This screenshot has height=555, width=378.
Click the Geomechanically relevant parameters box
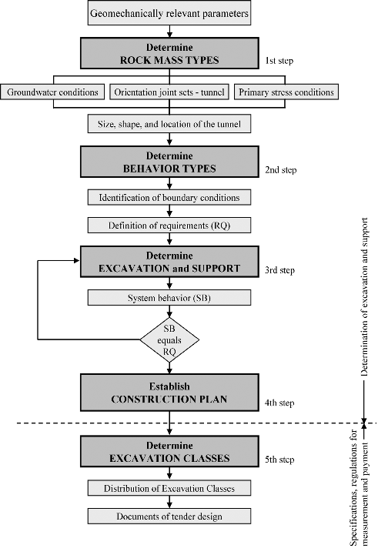tap(169, 13)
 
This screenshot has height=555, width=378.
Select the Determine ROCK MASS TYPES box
tap(169, 53)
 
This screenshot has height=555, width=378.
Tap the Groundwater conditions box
tap(52, 92)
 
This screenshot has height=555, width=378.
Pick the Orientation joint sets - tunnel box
tap(169, 92)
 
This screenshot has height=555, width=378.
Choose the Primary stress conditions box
tap(286, 92)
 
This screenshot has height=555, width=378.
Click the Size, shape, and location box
tap(169, 124)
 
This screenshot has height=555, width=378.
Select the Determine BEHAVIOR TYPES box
tap(169, 162)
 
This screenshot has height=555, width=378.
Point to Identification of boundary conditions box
tap(169, 198)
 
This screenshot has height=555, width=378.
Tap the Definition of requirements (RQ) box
tap(169, 226)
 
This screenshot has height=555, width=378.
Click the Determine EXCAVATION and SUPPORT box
tap(169, 262)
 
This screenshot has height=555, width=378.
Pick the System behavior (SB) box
tap(169, 298)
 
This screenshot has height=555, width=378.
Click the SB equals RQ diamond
tap(169, 339)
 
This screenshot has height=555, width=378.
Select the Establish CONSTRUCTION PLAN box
tap(169, 393)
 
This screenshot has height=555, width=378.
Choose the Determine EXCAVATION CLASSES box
tap(169, 451)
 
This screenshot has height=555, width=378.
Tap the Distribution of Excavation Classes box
tap(169, 488)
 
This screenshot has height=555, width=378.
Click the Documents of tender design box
tap(169, 516)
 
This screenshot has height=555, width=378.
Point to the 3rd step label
tap(279, 270)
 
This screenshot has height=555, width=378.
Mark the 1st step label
tap(279, 61)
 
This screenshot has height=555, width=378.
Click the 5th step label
tap(279, 460)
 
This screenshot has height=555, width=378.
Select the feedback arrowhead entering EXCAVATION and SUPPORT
tap(77, 260)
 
